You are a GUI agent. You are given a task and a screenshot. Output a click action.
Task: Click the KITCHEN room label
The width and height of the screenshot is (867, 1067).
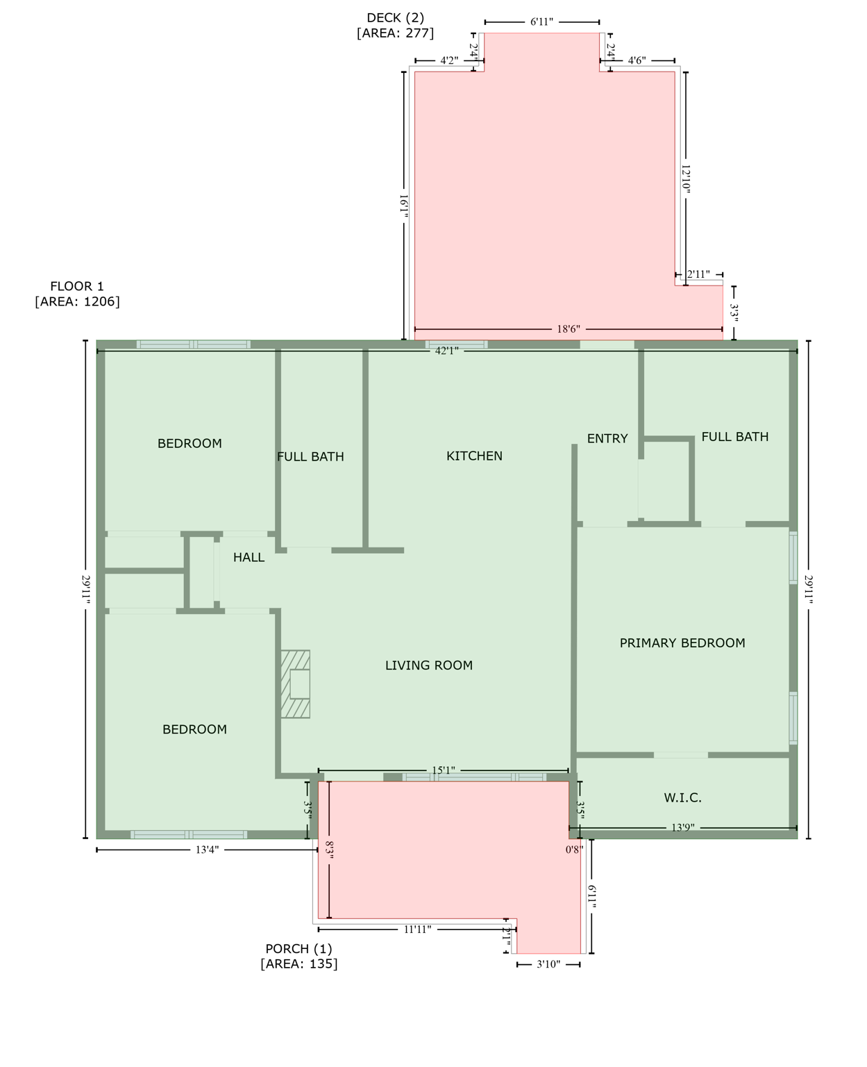(x=474, y=456)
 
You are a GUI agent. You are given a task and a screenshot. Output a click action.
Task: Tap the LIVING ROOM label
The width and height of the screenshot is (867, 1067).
(x=428, y=665)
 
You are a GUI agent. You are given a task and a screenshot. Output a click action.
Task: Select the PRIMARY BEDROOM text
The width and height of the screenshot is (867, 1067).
(x=682, y=643)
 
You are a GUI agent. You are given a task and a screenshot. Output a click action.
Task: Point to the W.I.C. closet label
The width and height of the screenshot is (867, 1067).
(x=682, y=797)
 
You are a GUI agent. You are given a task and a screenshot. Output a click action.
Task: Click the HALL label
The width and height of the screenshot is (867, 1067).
(x=249, y=557)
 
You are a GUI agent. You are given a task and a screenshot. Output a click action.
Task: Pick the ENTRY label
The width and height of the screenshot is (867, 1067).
(x=607, y=438)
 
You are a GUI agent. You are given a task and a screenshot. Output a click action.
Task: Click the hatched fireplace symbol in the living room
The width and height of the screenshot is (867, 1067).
(x=295, y=684)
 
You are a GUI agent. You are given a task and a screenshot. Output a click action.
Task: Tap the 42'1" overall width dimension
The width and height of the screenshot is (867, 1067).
(x=446, y=351)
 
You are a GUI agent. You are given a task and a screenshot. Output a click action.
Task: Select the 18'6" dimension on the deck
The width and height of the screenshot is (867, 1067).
(x=568, y=329)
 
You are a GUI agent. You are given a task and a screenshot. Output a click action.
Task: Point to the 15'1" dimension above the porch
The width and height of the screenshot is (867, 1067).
(x=443, y=770)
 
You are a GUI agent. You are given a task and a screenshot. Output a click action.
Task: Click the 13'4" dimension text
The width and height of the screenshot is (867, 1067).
(x=207, y=849)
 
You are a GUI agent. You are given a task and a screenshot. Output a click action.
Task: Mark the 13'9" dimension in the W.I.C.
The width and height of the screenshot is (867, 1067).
(x=682, y=827)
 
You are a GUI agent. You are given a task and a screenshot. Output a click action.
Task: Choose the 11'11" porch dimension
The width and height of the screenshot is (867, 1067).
(x=417, y=929)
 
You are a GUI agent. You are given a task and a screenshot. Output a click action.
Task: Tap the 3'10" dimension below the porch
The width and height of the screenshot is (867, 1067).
(x=548, y=964)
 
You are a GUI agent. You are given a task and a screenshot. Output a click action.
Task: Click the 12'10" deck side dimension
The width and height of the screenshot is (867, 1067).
(x=686, y=179)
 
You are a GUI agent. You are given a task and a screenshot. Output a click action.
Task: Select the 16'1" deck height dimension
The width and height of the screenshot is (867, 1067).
(x=403, y=206)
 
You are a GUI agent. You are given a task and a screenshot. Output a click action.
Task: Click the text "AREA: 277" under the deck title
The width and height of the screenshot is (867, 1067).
(x=395, y=33)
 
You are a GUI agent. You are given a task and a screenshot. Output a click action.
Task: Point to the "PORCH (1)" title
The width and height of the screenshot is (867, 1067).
(x=298, y=948)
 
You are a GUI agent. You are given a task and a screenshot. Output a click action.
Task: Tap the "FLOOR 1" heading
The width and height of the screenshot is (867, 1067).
(x=76, y=286)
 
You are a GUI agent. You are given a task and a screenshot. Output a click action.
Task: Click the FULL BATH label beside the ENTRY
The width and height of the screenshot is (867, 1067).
(x=734, y=436)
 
